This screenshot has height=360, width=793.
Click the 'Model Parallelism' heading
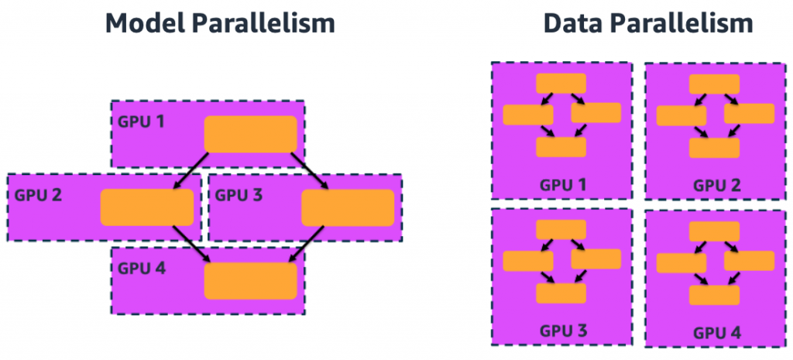point(221,23)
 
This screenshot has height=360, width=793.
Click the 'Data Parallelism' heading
point(647,23)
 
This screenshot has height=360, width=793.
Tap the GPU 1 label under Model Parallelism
point(141,121)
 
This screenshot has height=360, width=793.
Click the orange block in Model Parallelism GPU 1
point(250,134)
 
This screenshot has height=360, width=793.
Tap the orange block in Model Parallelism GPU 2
point(146,207)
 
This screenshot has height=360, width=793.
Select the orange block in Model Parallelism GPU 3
point(348,207)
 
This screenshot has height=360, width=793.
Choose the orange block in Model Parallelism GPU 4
point(250,281)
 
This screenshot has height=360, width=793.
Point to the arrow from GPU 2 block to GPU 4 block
point(192,244)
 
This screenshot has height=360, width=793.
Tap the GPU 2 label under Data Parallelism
point(717,185)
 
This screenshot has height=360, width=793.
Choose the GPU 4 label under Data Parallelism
point(717,332)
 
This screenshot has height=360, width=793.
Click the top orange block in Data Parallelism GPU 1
point(561,84)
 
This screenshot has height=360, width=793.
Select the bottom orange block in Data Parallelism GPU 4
point(714,295)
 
